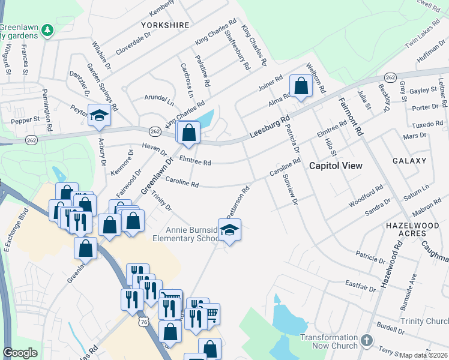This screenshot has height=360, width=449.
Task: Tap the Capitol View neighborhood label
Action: click(336, 166)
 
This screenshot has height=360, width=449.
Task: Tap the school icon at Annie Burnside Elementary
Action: click(229, 230)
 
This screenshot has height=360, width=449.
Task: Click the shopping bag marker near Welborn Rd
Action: click(301, 86)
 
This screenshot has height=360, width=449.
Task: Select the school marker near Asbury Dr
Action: click(99, 115)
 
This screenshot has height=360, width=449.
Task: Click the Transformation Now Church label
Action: click(329, 341)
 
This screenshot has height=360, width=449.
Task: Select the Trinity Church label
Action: click(424, 322)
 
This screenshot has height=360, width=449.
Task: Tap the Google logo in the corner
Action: click(20, 353)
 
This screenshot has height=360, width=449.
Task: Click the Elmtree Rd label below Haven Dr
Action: click(196, 162)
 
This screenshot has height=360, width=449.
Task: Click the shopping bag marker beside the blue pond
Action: click(189, 133)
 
